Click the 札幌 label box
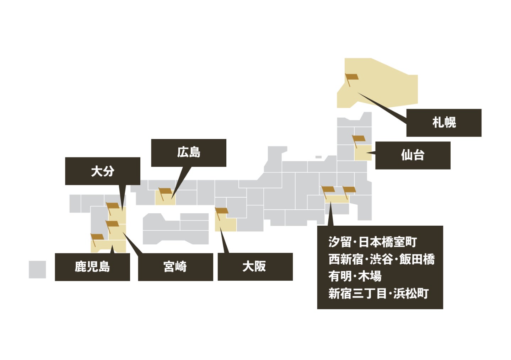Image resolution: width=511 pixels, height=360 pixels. coord(443,123)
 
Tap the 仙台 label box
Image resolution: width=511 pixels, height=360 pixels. coord(413,155)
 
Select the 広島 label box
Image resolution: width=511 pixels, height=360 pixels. coord(188,152)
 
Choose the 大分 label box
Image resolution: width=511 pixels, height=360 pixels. coord(102,171)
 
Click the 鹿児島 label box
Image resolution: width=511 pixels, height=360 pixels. coord(92,267)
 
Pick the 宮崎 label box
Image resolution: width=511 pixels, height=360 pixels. coord(175,267)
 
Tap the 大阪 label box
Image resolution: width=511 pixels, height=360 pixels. coord(255,267)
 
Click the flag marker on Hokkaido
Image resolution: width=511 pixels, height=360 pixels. coord(351,77)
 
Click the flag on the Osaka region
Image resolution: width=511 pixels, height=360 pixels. coord(221,211)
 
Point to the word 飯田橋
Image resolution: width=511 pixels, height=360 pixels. coord(417,259)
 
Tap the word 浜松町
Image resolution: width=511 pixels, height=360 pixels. coord(411,294)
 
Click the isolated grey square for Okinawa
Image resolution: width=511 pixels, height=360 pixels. coord(37,269)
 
